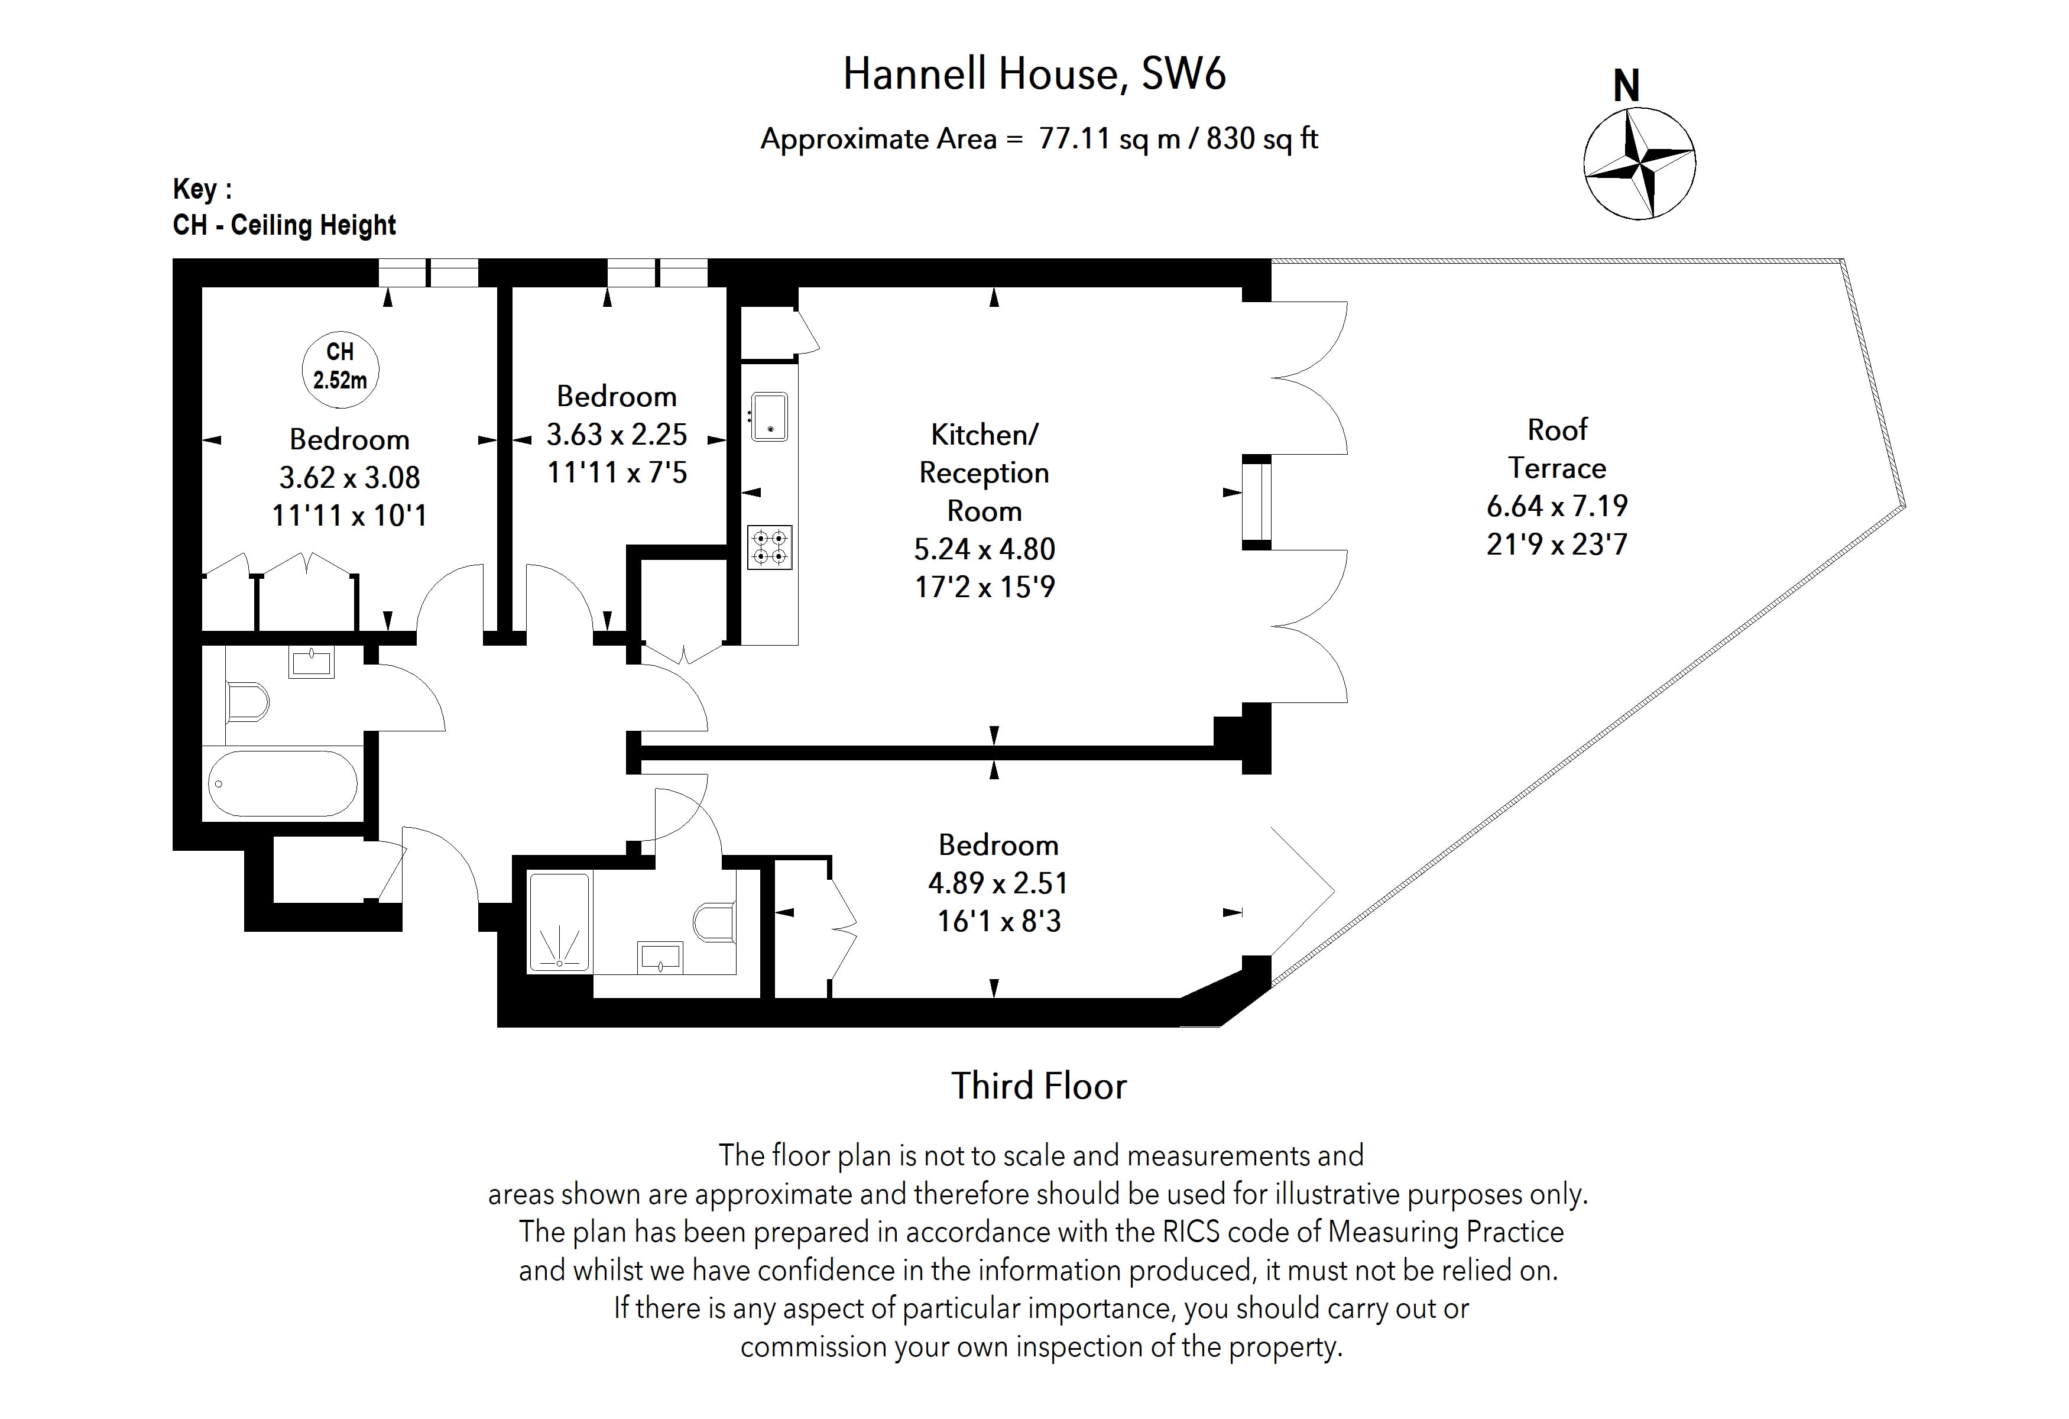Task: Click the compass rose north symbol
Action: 1639,164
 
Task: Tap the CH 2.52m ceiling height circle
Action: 340,368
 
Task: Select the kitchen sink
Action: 769,417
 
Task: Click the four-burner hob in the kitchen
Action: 769,547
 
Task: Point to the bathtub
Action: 282,783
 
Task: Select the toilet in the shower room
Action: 714,923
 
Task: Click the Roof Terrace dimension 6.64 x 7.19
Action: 1556,506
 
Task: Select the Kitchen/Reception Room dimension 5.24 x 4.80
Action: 984,549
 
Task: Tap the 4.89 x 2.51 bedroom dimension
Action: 998,883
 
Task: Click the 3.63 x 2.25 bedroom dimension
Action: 616,435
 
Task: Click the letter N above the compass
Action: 1626,86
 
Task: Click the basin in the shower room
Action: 660,958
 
